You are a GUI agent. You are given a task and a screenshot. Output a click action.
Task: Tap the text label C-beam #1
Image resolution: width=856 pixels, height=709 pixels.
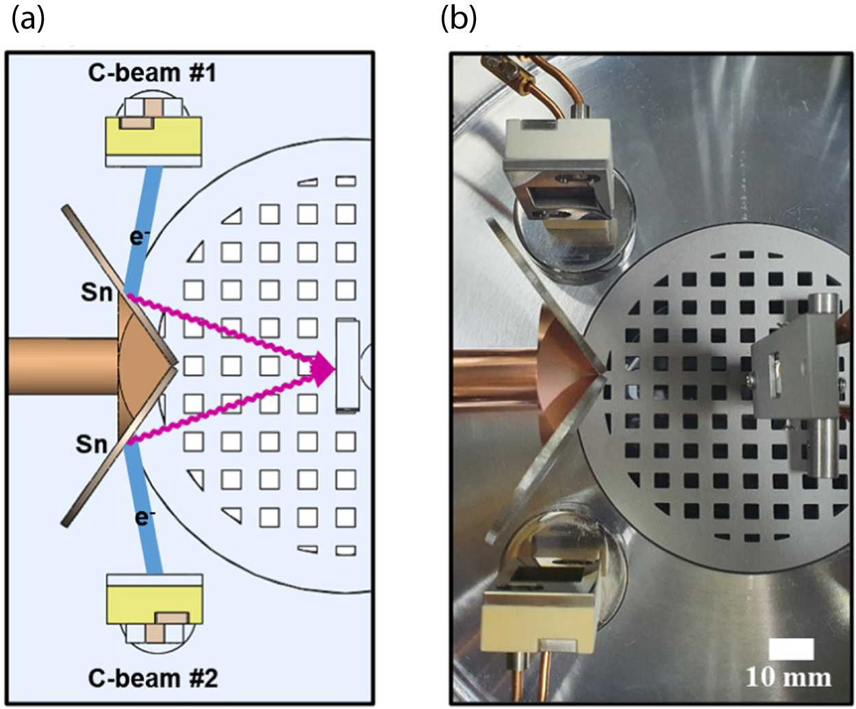coord(152,73)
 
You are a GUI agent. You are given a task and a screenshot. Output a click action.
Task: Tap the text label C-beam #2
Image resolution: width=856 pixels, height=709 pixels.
coord(153,678)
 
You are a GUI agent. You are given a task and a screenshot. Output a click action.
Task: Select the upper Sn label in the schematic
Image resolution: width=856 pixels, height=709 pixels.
coord(96,292)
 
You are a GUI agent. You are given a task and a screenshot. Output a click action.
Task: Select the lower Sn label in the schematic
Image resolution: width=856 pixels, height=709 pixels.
coord(91,444)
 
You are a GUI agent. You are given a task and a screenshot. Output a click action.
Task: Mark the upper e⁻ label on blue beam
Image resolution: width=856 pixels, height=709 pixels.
coord(140,237)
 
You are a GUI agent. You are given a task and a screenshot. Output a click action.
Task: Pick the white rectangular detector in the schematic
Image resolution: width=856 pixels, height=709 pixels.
coord(347,365)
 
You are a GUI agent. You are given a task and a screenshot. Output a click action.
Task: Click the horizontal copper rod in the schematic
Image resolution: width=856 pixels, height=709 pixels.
coord(62,365)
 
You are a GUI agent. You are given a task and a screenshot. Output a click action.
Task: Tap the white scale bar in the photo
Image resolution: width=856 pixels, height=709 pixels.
coord(791,649)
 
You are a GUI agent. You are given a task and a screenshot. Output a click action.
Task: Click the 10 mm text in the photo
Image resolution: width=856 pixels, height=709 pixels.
coord(788,678)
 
